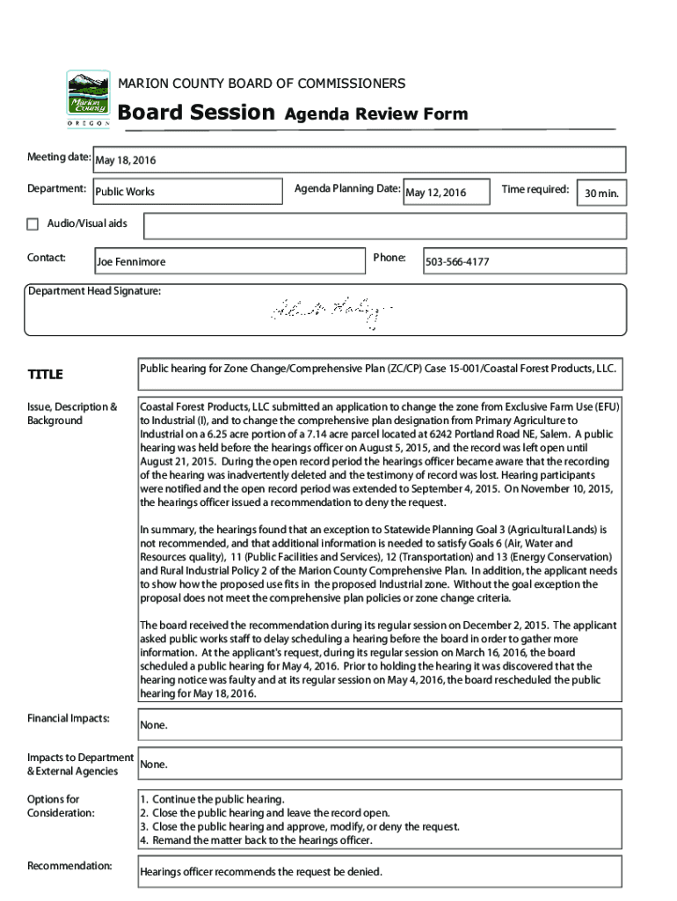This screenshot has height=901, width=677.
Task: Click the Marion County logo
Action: pyautogui.click(x=89, y=99)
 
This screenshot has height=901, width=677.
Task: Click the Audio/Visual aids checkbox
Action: pyautogui.click(x=33, y=224)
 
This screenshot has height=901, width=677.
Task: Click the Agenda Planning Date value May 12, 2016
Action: pyautogui.click(x=446, y=193)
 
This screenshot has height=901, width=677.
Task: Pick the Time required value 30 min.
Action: pyautogui.click(x=601, y=194)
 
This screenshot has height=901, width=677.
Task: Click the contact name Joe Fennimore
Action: pyautogui.click(x=229, y=261)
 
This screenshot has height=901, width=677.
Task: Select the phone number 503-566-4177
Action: pyautogui.click(x=524, y=261)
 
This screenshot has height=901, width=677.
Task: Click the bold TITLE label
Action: pyautogui.click(x=45, y=375)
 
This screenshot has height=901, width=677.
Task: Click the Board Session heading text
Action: pyautogui.click(x=196, y=113)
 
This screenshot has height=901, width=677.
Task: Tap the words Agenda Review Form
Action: pyautogui.click(x=375, y=114)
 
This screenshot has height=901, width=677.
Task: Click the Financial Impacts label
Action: pyautogui.click(x=69, y=719)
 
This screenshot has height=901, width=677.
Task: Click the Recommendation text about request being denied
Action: pyautogui.click(x=261, y=872)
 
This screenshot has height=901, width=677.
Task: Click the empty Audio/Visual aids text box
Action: pyautogui.click(x=384, y=226)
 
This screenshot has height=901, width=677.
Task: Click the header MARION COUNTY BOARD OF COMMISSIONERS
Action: pyautogui.click(x=262, y=84)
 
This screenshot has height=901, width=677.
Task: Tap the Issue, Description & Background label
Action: pyautogui.click(x=72, y=414)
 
